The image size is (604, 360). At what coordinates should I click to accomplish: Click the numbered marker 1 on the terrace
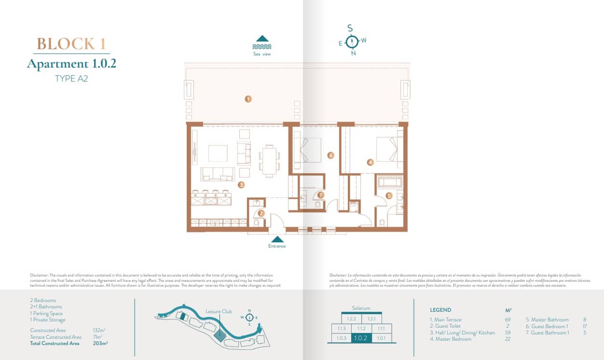248,99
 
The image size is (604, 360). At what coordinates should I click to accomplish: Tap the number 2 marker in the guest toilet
261,213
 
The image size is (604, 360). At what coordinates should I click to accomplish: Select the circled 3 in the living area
241,184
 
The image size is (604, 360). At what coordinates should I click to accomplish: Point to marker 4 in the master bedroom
370,162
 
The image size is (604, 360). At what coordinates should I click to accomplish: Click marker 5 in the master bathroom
389,195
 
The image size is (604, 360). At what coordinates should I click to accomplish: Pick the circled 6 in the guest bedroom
330,155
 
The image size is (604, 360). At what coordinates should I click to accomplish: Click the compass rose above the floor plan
353,42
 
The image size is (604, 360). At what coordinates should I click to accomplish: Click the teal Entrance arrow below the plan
277,239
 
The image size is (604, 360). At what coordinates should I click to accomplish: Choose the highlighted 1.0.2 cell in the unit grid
361,338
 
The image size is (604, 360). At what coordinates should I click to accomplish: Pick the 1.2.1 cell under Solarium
371,319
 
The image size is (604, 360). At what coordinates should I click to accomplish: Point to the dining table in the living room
269,159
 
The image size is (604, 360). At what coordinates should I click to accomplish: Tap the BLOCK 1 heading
71,44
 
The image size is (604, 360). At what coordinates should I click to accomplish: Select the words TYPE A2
71,79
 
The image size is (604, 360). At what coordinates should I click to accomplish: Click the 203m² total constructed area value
99,344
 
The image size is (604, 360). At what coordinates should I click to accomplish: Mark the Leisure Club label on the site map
219,311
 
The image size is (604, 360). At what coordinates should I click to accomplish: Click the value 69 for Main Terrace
507,319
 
